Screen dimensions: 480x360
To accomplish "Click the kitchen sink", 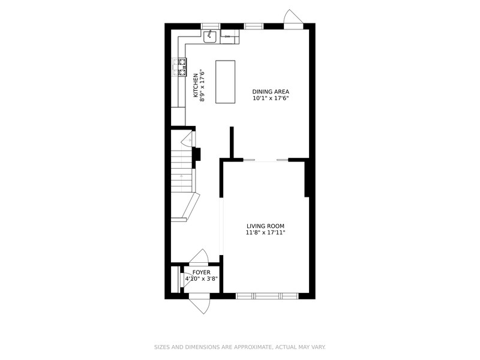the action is (210, 37).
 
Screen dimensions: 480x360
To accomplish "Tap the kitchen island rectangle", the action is (226, 82).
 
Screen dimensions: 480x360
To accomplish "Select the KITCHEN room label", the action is (196, 86).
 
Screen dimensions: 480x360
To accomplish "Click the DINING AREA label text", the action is (271, 92).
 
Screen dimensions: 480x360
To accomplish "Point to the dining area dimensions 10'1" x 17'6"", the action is (271, 98).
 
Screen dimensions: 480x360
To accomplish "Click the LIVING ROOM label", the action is (265, 226).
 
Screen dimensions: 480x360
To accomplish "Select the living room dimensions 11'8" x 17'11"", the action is (265, 233).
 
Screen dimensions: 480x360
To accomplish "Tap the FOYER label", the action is (202, 272).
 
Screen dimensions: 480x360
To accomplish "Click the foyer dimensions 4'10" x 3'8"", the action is (202, 279).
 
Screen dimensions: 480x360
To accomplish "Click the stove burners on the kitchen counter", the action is (180, 67).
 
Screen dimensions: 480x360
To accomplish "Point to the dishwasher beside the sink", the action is (229, 37).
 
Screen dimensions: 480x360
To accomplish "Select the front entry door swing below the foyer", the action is (199, 304).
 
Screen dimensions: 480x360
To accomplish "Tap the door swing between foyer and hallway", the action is (199, 257).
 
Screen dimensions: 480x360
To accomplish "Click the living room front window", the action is (267, 296).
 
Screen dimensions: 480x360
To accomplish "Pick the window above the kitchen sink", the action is (211, 26).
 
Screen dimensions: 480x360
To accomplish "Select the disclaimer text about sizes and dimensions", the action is (239, 347).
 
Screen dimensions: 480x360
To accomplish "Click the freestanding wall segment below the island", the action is (232, 142).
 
